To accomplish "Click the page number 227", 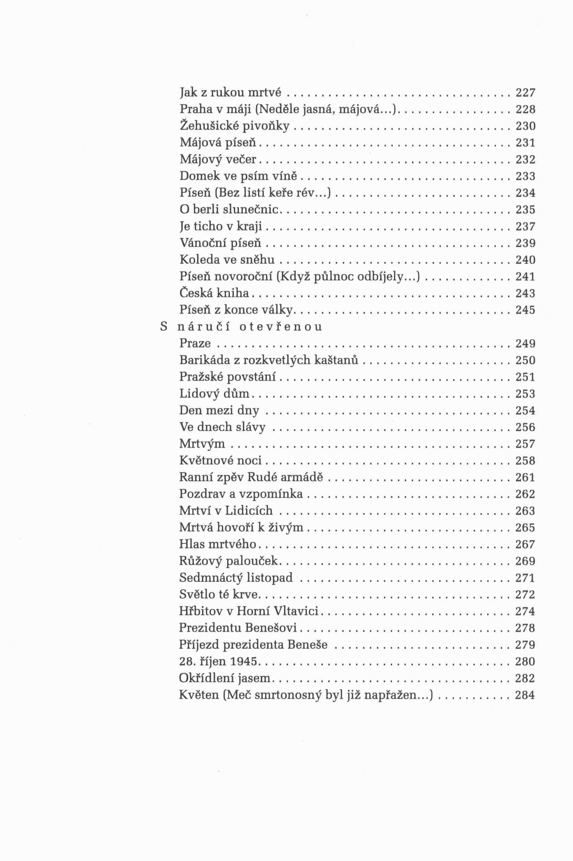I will (525, 93).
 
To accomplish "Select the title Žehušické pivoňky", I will (234, 126).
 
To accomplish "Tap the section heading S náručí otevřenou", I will (242, 326).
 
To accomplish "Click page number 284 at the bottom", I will (525, 695).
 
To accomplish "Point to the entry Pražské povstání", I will (228, 377).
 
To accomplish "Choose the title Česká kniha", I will (214, 293).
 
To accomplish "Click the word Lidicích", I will (249, 510).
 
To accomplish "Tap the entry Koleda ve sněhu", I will (227, 260).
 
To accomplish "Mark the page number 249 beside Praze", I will (525, 343).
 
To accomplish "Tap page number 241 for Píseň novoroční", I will (525, 277).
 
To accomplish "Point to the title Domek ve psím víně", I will (238, 176).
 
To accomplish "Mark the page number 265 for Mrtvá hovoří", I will (525, 527).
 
